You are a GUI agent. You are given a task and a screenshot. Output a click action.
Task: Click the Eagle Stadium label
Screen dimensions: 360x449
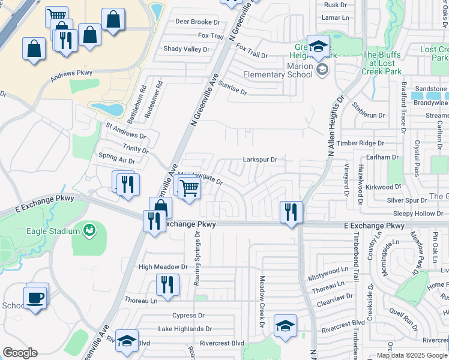point(53,231)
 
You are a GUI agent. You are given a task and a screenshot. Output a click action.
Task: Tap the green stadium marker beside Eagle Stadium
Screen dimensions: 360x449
point(89,229)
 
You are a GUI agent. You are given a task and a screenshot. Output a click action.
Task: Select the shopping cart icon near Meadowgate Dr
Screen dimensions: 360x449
point(189,188)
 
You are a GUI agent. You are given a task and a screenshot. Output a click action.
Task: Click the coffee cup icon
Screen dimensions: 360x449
point(35,296)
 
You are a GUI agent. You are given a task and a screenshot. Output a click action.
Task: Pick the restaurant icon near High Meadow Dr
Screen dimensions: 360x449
point(167,284)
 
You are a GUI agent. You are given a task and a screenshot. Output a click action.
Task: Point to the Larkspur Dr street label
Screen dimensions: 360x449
point(259,160)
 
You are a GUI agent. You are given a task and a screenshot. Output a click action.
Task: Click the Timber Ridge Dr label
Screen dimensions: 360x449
point(360,143)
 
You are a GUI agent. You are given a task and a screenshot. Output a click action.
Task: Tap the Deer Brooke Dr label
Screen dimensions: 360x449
point(197,22)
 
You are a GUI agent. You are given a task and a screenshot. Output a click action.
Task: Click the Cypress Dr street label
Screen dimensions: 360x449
point(188,315)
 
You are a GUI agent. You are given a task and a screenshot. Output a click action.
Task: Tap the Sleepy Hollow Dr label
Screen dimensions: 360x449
point(418,214)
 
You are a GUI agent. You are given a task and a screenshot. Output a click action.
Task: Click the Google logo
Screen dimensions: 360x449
point(20,353)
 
